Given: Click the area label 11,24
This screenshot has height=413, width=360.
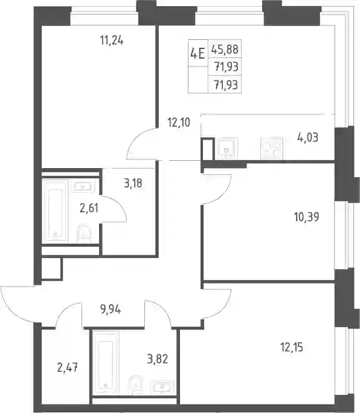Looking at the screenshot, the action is point(112,41).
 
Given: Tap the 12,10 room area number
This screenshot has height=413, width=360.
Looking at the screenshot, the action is point(179,123).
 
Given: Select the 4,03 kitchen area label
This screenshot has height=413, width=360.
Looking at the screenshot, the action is point(307,137).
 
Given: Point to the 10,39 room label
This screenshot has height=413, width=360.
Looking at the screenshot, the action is point(307,217).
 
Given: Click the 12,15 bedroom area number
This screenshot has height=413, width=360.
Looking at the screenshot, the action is point(292,348).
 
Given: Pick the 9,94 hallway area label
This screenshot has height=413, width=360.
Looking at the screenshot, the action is point(111,310).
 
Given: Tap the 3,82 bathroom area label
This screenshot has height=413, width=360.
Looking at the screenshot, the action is point(158,359).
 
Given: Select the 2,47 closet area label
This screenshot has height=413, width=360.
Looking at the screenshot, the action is point(68,368).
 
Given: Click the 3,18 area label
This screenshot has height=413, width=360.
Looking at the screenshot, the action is point(133,183).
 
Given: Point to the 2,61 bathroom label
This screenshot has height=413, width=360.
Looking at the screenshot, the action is point(89,209).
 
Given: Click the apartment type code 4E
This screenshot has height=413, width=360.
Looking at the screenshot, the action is point(198,54).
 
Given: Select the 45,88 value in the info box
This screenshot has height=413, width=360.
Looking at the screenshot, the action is point(225,49).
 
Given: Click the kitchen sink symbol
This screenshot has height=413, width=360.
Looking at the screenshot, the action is point(228,149).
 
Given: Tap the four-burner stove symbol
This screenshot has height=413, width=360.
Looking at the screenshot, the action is point(272,148).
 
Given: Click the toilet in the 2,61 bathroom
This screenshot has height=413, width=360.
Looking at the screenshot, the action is point(84,233).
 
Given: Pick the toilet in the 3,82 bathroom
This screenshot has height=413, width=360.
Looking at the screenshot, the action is point(135,385).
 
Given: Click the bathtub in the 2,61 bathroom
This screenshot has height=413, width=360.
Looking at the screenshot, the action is point(56,210).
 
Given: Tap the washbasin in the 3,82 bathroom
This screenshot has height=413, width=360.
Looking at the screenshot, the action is point(162,388).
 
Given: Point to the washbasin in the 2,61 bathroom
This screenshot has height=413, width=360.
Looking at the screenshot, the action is point(83,187).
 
